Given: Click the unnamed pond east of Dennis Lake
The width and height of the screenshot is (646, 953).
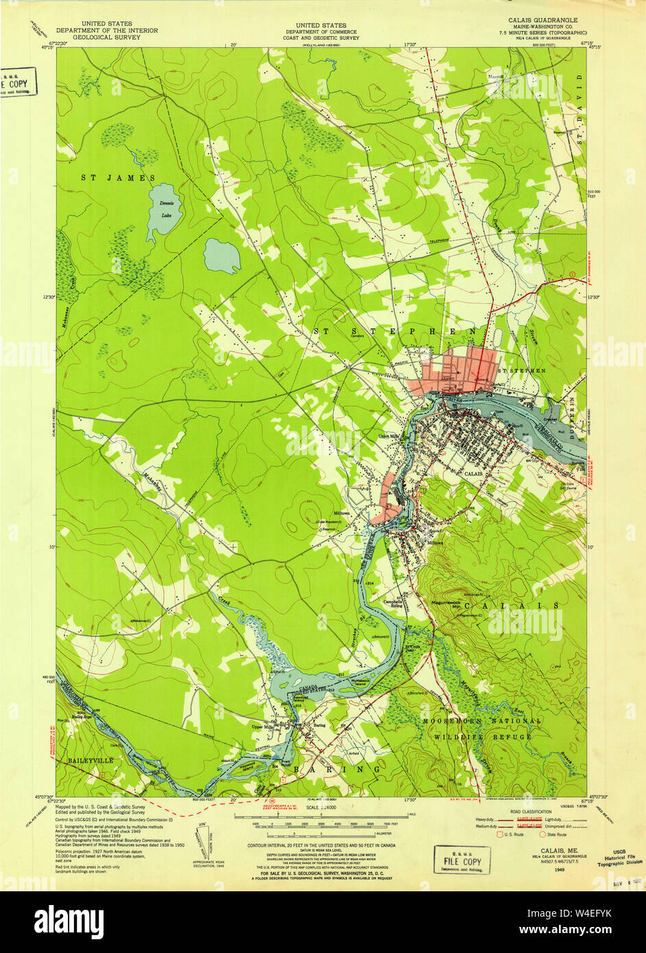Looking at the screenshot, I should point(222,255).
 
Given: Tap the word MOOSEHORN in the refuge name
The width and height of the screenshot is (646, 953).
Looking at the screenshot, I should point(457,721).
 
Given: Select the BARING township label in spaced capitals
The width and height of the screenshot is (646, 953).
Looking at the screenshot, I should point(337,770).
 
